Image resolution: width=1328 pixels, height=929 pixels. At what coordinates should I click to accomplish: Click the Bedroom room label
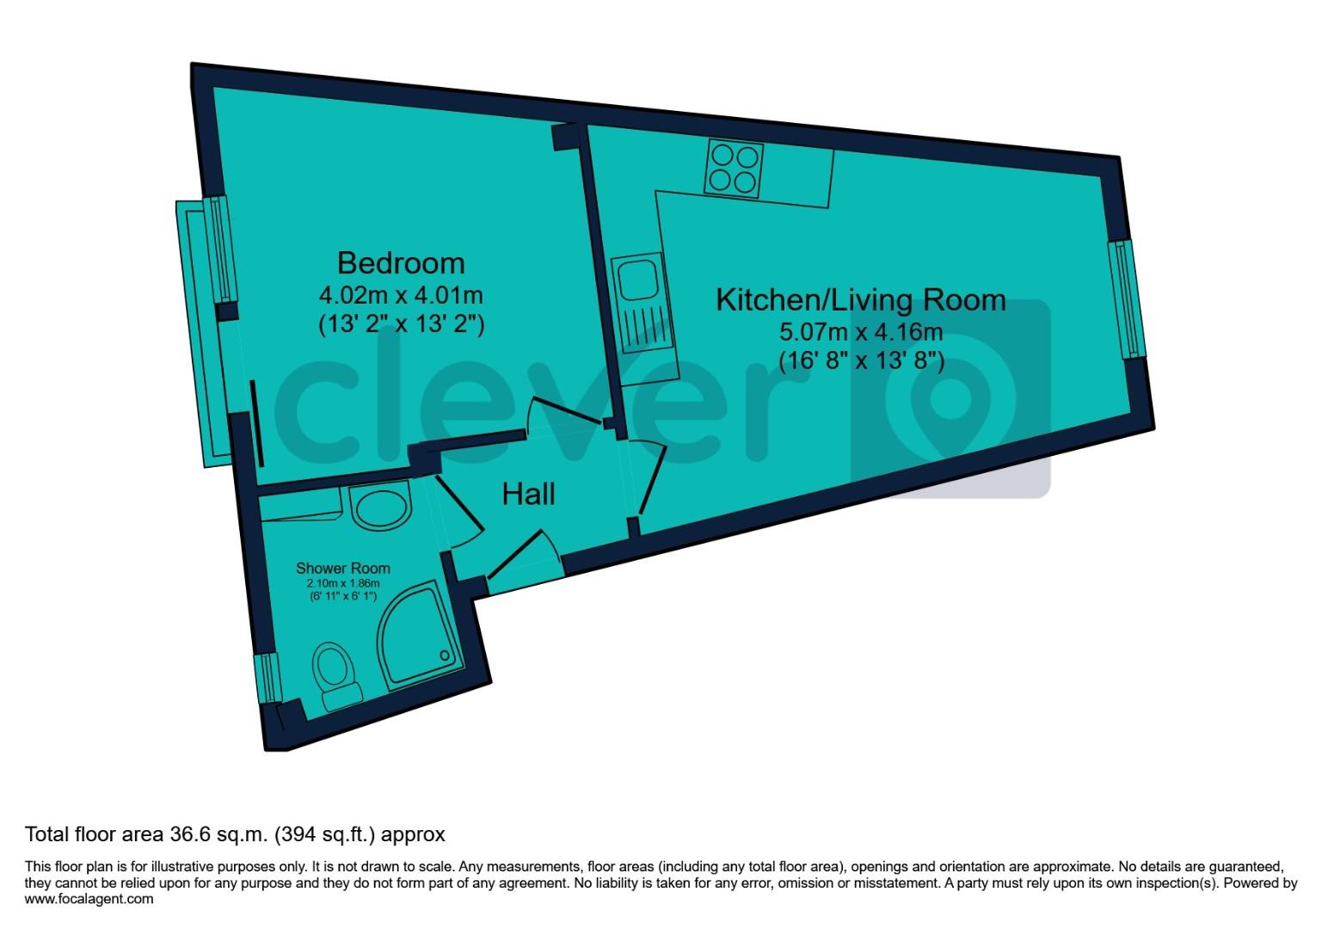[x=400, y=262]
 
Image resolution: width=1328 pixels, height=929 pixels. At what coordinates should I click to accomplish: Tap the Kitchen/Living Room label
[x=861, y=300]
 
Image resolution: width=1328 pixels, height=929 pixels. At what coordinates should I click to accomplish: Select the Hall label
[x=528, y=494]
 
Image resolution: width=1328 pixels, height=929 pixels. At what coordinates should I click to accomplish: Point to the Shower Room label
[x=342, y=569]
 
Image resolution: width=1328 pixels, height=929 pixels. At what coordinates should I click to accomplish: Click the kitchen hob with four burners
[x=734, y=169]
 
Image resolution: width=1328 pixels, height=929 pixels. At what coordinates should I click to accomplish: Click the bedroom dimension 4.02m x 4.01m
[x=400, y=296]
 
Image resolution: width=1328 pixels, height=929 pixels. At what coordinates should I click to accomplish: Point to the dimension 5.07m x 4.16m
[x=861, y=331]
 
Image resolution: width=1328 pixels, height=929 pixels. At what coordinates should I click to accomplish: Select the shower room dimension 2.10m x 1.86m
[x=342, y=583]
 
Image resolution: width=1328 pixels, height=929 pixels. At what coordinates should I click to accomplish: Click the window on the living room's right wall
[x=1128, y=298]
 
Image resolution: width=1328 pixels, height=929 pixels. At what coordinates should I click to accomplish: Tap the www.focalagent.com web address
[x=89, y=899]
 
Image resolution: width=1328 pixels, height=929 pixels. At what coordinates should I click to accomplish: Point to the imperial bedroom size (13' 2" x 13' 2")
[x=400, y=325]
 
